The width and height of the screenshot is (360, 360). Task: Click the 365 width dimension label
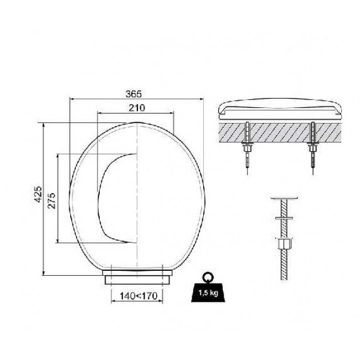pos(133,94)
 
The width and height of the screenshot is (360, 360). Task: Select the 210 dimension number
pos(137,107)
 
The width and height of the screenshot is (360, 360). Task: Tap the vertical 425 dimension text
pos(38,194)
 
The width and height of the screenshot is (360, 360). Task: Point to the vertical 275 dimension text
pos(52,200)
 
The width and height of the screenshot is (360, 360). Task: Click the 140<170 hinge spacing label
pos(138,296)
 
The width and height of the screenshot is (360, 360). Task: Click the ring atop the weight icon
pos(208,277)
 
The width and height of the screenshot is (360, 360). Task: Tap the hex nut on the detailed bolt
pos(284,244)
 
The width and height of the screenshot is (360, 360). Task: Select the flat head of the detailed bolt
pos(284,198)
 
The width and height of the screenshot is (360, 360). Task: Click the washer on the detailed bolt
pos(284,218)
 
